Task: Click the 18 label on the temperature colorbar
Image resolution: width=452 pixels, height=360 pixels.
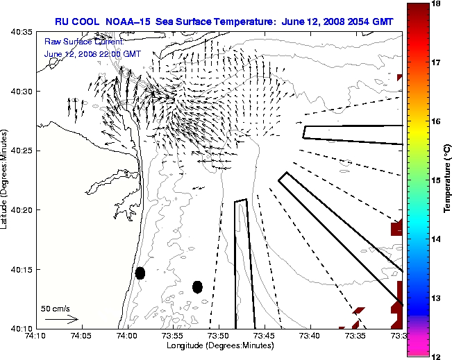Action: pyautogui.click(x=435, y=4)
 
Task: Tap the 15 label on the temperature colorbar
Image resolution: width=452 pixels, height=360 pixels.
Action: pyautogui.click(x=435, y=180)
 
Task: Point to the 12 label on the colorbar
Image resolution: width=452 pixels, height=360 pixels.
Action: pyautogui.click(x=435, y=356)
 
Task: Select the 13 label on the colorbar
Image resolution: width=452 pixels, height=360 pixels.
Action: pyautogui.click(x=435, y=298)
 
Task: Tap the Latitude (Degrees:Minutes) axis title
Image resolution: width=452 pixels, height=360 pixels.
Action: pyautogui.click(x=6, y=180)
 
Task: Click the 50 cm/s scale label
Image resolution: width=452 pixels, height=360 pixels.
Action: pyautogui.click(x=56, y=308)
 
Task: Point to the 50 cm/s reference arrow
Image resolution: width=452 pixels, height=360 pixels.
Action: pyautogui.click(x=61, y=319)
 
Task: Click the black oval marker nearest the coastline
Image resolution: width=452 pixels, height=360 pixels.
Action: pyautogui.click(x=140, y=273)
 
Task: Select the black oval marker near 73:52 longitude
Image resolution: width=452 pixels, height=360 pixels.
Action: pyautogui.click(x=198, y=286)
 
